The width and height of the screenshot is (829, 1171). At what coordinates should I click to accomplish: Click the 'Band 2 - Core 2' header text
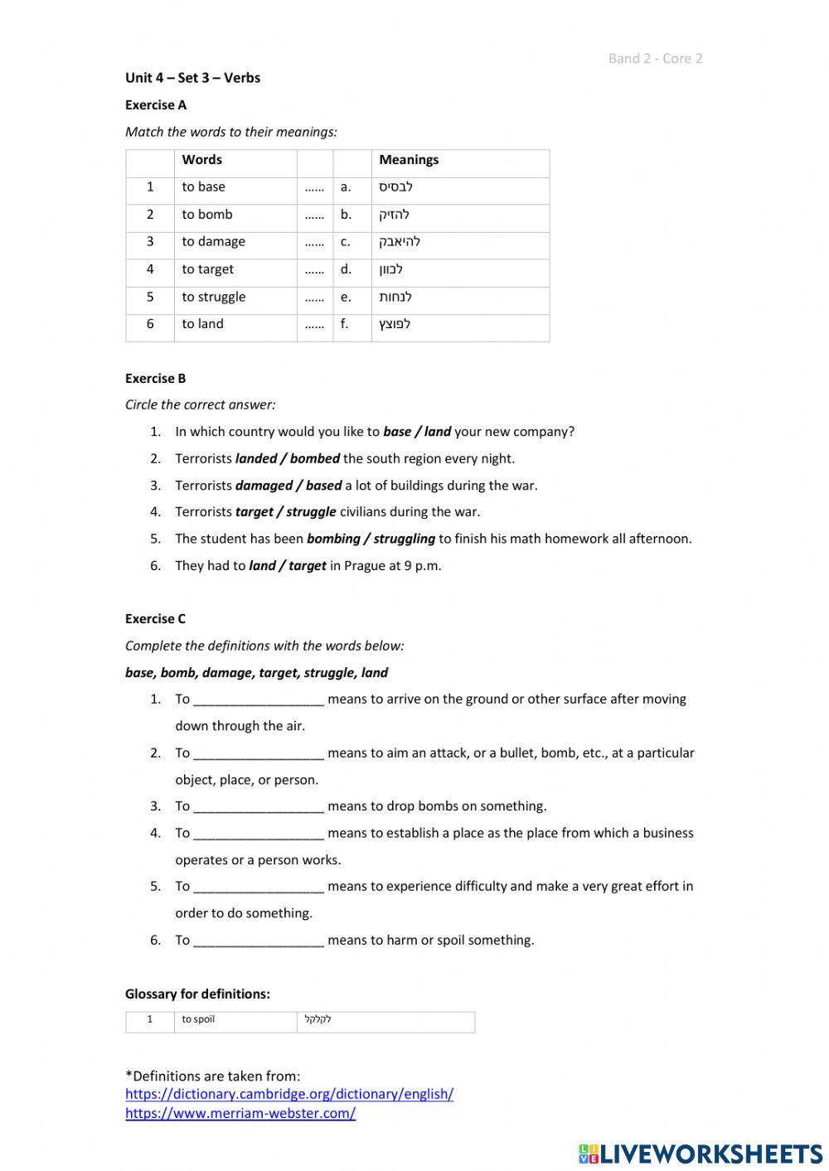tap(655, 58)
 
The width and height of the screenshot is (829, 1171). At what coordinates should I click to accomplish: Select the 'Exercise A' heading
tap(156, 105)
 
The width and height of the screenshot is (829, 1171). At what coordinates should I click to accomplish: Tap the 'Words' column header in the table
tap(202, 160)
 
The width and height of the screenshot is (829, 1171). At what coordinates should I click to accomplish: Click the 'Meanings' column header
tap(409, 160)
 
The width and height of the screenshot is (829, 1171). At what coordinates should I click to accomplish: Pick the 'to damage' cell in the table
tap(214, 242)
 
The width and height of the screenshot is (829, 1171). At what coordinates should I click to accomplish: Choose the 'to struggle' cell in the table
tap(214, 297)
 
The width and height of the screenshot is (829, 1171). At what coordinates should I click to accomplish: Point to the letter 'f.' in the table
tap(345, 324)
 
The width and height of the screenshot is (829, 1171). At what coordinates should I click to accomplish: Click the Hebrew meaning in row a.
tap(395, 187)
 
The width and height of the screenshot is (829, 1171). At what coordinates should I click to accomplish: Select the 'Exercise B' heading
tap(156, 379)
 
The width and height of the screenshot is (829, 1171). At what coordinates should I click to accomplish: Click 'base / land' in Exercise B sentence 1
tap(417, 432)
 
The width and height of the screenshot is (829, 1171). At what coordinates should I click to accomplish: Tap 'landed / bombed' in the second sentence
tap(288, 458)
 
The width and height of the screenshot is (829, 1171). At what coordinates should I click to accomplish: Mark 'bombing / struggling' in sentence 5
tap(371, 539)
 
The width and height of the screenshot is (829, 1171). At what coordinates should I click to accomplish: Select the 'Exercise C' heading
tap(156, 619)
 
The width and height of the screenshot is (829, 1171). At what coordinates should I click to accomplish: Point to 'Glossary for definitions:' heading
tap(197, 994)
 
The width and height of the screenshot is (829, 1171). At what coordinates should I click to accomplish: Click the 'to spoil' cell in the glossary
tap(198, 1019)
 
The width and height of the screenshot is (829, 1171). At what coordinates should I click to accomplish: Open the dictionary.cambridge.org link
tap(289, 1094)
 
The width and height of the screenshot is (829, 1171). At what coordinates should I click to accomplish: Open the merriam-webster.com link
tap(240, 1114)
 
